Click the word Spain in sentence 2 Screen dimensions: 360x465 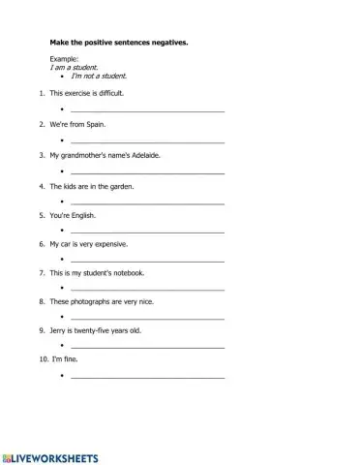point(95,125)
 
